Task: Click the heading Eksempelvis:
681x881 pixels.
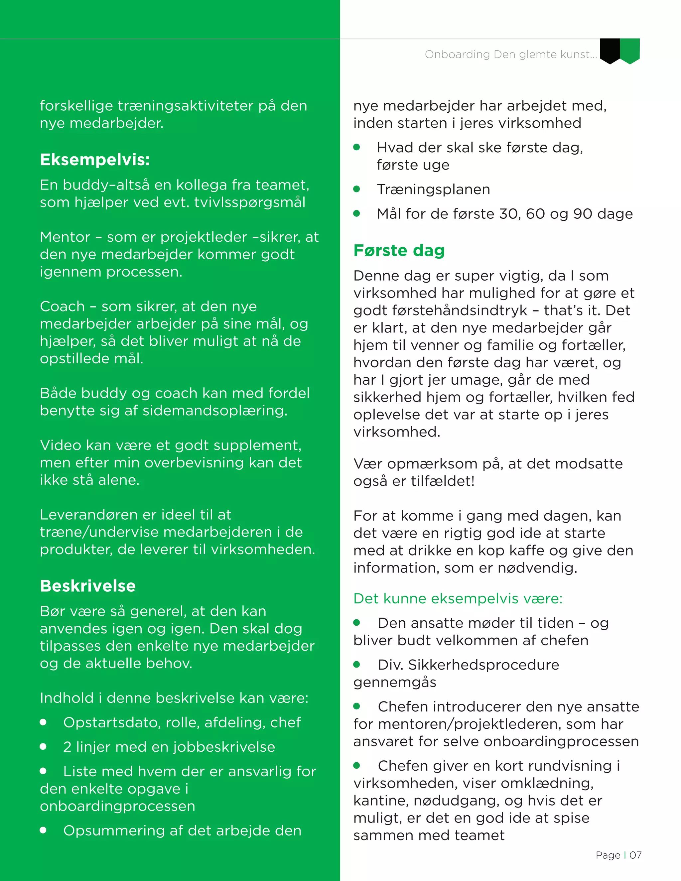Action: (95, 160)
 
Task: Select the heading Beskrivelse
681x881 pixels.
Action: (88, 586)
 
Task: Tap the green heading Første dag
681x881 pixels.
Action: (399, 251)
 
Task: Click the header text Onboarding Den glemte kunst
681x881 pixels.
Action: (510, 55)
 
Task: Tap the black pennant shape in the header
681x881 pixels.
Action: (610, 51)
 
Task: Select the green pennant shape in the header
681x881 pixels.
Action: (630, 51)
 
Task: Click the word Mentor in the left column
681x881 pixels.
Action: (65, 237)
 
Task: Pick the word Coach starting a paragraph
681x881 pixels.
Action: (62, 307)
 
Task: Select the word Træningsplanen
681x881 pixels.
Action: (433, 189)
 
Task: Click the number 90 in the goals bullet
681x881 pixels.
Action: (583, 214)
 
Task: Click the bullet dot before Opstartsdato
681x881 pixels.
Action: (44, 722)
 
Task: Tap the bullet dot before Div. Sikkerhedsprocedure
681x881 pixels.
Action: (357, 664)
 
